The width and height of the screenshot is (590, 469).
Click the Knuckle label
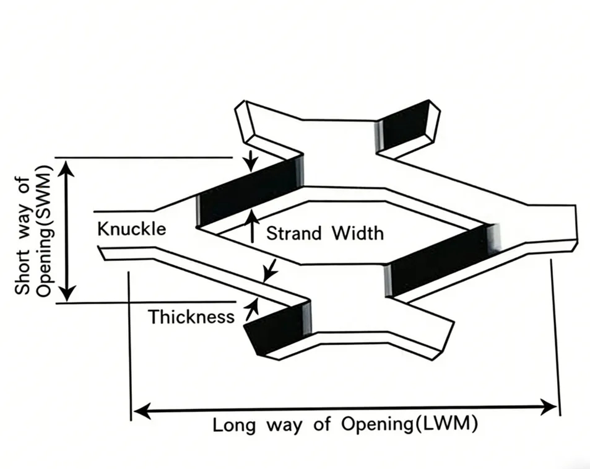131,229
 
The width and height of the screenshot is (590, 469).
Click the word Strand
294,233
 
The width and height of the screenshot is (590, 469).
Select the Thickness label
191,317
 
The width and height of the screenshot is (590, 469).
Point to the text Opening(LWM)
409,426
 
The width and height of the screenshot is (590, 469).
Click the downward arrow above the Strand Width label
250,162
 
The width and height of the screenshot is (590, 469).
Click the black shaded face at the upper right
406,126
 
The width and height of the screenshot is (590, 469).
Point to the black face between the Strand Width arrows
248,192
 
